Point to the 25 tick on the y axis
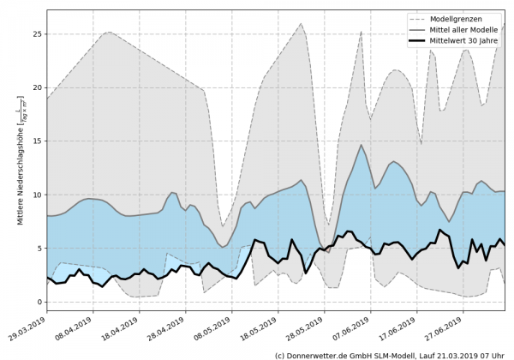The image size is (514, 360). coord(37,34)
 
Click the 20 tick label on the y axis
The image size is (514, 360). coord(37,87)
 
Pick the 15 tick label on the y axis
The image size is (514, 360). coord(37,141)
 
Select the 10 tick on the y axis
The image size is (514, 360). coord(37,195)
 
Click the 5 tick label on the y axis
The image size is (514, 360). coord(39,249)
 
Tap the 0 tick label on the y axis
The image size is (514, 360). coord(39,302)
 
